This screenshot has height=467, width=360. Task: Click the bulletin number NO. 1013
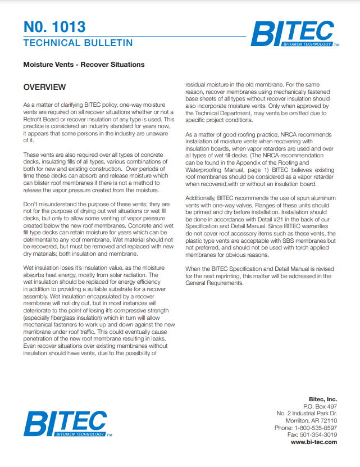[x=54, y=26]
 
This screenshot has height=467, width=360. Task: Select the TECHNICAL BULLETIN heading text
[x=78, y=43]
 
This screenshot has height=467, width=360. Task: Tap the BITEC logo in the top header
[x=293, y=34]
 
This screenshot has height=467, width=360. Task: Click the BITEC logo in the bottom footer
[x=67, y=424]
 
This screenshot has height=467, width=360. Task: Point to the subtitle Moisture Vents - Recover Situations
[x=84, y=65]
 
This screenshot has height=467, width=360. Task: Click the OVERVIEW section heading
[x=44, y=87]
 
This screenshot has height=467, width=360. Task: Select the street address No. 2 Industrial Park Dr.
[x=307, y=413]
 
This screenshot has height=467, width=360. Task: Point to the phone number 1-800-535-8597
[x=316, y=428]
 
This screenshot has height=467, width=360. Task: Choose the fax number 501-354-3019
[x=318, y=435]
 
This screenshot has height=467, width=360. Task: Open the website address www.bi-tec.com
[x=314, y=442]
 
